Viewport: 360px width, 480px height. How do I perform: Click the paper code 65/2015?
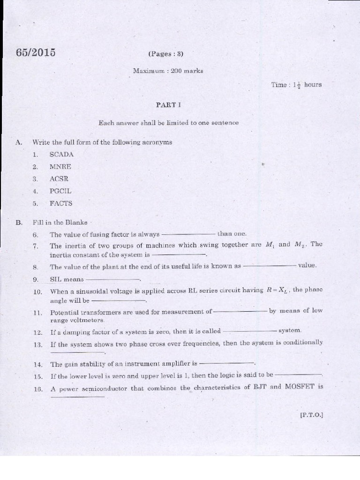36,52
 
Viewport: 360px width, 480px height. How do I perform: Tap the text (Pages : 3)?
166,54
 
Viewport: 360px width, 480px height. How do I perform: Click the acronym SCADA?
61,154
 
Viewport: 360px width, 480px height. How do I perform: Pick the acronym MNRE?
60,166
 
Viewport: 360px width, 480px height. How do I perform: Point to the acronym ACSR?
59,179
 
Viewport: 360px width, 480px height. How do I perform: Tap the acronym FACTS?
61,203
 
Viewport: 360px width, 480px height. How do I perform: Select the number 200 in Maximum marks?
178,71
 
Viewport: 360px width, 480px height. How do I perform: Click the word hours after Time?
313,85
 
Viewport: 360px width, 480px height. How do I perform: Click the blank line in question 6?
188,234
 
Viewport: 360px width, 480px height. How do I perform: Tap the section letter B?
19,223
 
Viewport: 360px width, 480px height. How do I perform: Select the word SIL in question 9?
56,279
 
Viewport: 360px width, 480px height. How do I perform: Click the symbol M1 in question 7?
270,245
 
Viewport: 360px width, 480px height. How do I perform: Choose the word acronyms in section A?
157,142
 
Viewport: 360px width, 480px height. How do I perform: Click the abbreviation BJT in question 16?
260,387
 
